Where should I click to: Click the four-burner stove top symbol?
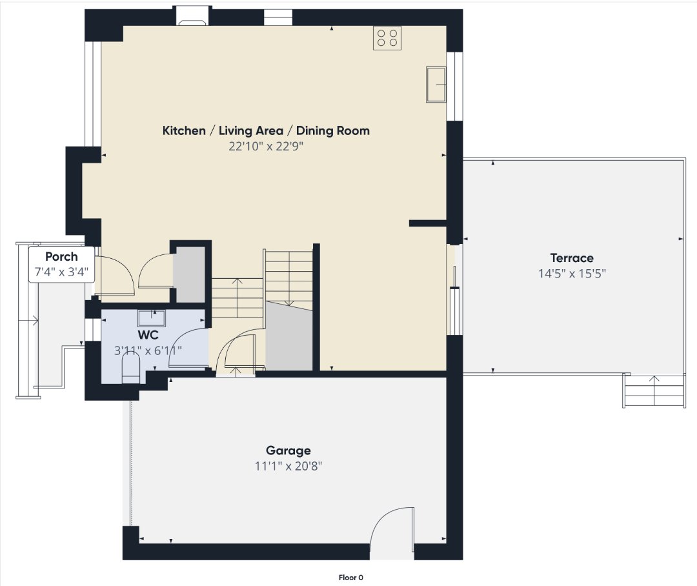pyautogui.click(x=387, y=38)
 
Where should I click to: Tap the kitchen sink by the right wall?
pyautogui.click(x=436, y=85)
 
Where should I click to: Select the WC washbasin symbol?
pyautogui.click(x=151, y=318)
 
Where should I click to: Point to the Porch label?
pyautogui.click(x=61, y=257)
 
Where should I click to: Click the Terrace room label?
pyautogui.click(x=572, y=258)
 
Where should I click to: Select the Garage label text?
pyautogui.click(x=288, y=450)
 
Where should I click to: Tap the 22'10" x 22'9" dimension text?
pyautogui.click(x=266, y=146)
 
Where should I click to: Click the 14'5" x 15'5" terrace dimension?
pyautogui.click(x=572, y=274)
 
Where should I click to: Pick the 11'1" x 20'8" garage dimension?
pyautogui.click(x=288, y=466)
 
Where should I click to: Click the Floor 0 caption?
pyautogui.click(x=350, y=578)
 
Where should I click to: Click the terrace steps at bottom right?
pyautogui.click(x=653, y=390)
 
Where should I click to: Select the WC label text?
pyautogui.click(x=148, y=335)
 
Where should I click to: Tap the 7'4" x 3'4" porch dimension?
pyautogui.click(x=61, y=272)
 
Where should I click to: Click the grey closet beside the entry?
pyautogui.click(x=188, y=274)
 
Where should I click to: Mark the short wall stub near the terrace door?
pyautogui.click(x=428, y=223)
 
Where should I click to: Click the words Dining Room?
pyautogui.click(x=333, y=131)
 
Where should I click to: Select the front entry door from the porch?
pyautogui.click(x=114, y=276)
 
